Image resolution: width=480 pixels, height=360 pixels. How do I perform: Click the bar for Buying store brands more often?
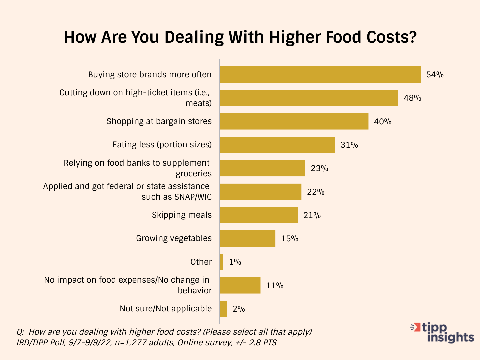(x=320, y=74)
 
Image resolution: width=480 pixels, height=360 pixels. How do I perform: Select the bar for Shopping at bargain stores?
(x=294, y=121)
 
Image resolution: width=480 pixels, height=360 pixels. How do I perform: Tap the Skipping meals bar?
(x=259, y=215)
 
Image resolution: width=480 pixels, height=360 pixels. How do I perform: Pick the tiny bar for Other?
(x=222, y=262)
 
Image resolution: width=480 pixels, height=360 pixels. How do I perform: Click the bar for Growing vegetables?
(x=247, y=238)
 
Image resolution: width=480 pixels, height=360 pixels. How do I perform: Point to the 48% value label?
(x=412, y=98)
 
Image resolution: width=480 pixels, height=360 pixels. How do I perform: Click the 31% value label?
(x=349, y=145)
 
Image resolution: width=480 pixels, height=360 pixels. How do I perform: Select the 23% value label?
(x=319, y=168)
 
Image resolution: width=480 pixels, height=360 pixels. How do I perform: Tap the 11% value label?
(x=275, y=285)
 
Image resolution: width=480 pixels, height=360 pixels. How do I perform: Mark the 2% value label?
(x=239, y=309)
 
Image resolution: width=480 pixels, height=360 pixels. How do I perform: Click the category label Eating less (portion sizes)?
(x=162, y=145)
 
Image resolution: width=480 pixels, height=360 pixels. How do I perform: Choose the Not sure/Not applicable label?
(x=166, y=309)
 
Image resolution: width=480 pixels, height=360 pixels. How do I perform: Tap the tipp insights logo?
(x=443, y=332)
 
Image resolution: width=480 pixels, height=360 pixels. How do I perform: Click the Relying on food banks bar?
(x=262, y=168)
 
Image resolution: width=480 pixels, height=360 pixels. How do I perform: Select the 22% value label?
(x=316, y=192)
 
